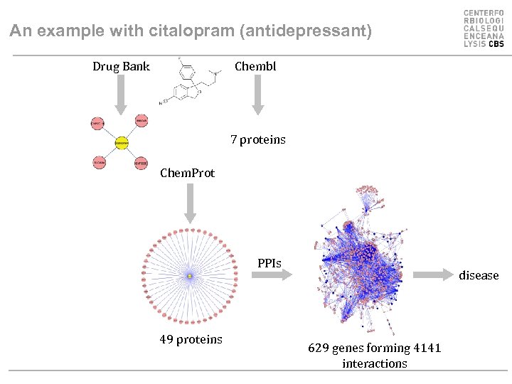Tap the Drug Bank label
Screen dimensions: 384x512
click(x=121, y=67)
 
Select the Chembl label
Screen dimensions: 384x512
click(x=255, y=67)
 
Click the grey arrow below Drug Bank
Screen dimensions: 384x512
click(x=121, y=94)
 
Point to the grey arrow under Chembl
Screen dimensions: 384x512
click(x=257, y=95)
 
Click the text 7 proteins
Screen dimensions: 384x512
click(x=258, y=140)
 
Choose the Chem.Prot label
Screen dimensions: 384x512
click(x=187, y=173)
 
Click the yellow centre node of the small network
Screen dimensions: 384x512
click(x=122, y=142)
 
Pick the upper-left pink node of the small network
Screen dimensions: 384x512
click(x=98, y=122)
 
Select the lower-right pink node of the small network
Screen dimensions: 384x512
click(x=141, y=163)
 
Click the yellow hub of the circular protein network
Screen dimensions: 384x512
click(x=190, y=275)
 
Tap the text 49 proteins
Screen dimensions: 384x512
click(x=191, y=340)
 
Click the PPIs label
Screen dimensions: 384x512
click(x=270, y=264)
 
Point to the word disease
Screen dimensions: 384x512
click(x=479, y=275)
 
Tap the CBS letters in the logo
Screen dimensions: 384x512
click(x=496, y=44)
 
